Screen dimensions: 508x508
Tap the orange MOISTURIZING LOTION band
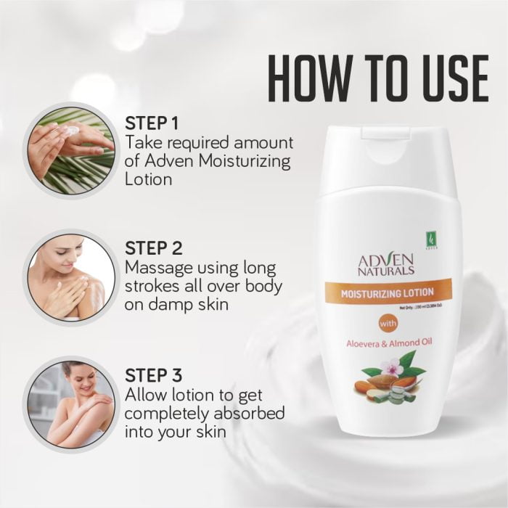click(x=387, y=292)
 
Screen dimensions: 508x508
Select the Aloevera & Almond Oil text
click(x=387, y=343)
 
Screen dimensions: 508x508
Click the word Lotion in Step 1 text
click(x=149, y=179)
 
